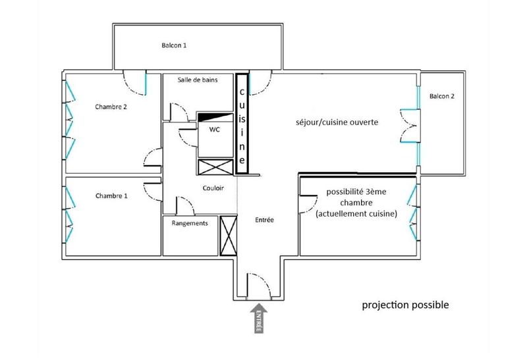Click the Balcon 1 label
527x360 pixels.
175,45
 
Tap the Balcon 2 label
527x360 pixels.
442,96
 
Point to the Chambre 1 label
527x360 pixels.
111,195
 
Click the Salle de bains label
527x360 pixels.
198,80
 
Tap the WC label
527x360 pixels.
215,130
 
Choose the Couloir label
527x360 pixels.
213,188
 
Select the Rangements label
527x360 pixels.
190,223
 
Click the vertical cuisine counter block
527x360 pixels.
242,123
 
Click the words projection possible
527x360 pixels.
406,305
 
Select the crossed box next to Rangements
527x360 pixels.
229,235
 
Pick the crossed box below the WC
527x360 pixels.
214,167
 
